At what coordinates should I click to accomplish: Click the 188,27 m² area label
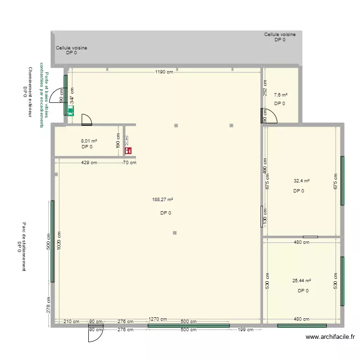coord(163,200)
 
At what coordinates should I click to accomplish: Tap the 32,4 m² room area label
coord(301,181)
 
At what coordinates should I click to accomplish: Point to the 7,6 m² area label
coord(280,95)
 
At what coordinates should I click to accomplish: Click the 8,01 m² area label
coord(89,141)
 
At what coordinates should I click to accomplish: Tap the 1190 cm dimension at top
coord(164,72)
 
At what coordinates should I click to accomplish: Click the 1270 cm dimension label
coord(157,319)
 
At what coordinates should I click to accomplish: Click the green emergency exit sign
coord(71,111)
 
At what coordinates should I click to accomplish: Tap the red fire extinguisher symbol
coord(129,150)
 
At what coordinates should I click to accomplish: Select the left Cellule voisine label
coord(72,48)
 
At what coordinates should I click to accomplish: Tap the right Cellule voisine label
coord(280,35)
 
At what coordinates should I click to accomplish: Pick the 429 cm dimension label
coord(89,163)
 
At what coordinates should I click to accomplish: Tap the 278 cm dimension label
coord(48,304)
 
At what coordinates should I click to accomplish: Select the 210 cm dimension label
coord(72,322)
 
